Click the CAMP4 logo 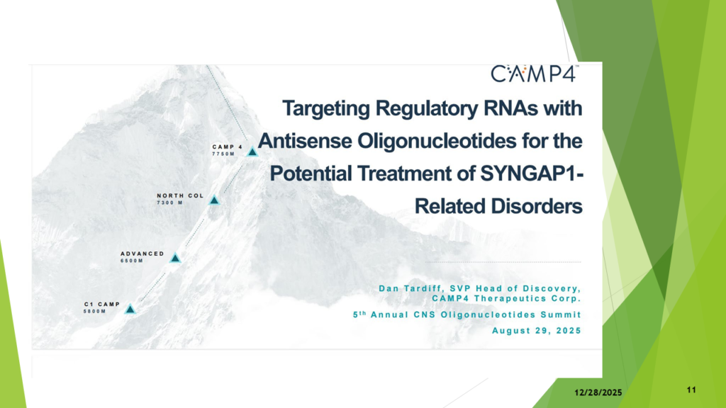tap(535, 74)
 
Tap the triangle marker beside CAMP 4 tap(252, 152)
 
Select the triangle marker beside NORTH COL tap(214, 200)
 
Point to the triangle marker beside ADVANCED tap(175, 258)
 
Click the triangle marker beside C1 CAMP tap(130, 309)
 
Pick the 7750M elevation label tap(223, 154)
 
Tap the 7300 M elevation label tap(170, 203)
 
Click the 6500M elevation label tap(132, 261)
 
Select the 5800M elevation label tap(95, 312)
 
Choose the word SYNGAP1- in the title tap(532, 174)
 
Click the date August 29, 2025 tap(537, 331)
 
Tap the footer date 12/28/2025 tap(598, 392)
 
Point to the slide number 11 tap(691, 390)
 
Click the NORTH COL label tap(181, 195)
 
